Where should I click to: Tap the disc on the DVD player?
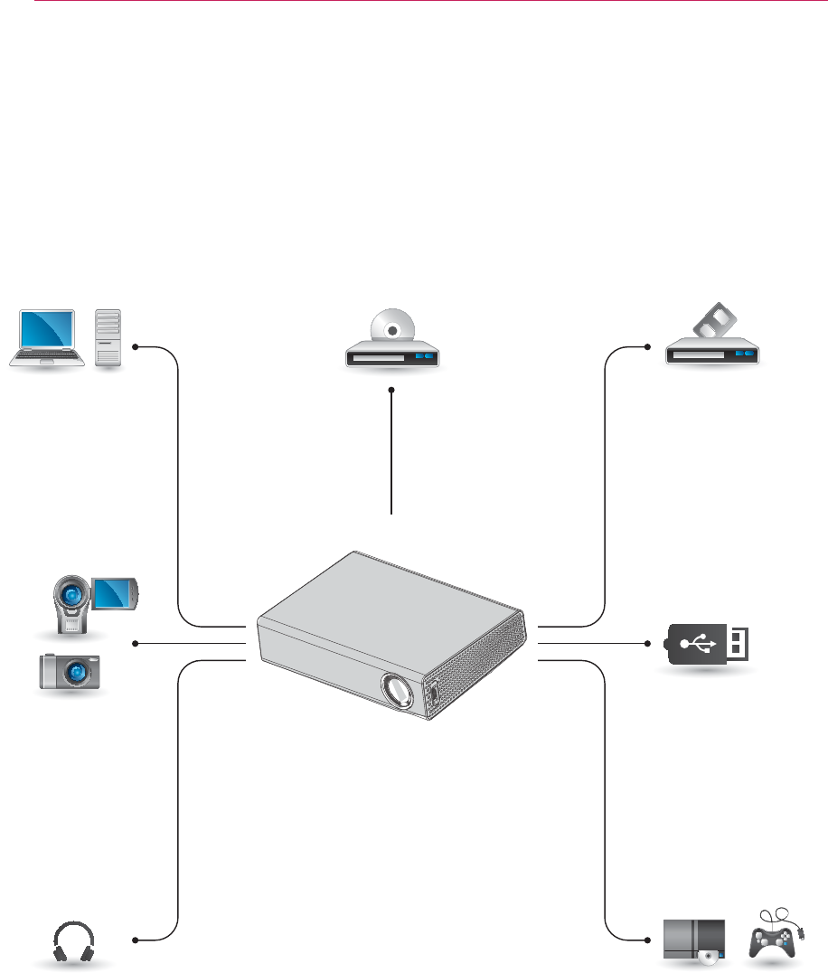(392, 330)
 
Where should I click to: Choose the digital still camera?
(70, 672)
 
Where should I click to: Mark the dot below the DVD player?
(392, 390)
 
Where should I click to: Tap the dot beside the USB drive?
(649, 643)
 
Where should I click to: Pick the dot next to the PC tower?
(135, 346)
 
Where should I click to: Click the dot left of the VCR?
(649, 346)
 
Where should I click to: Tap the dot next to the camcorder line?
(135, 643)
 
